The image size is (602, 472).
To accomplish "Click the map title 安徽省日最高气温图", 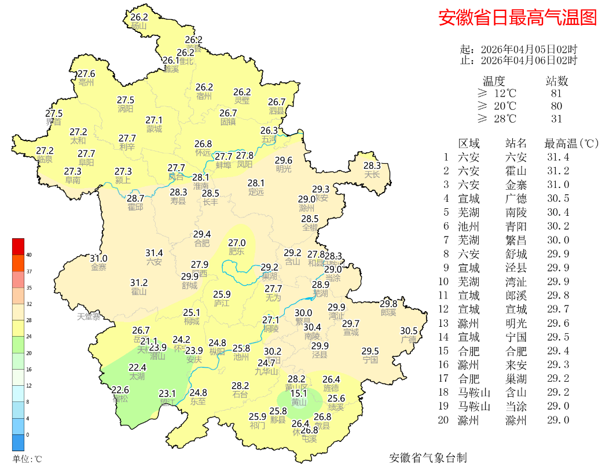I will pyautogui.click(x=517, y=17).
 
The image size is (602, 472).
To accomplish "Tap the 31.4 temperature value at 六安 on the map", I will pyautogui.click(x=154, y=253).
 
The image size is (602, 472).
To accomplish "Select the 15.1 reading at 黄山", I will pyautogui.click(x=299, y=393).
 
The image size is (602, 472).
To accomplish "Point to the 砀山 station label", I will pyautogui.click(x=140, y=25).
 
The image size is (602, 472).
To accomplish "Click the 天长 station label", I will pyautogui.click(x=372, y=174).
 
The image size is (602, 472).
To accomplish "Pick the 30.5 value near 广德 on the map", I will pyautogui.click(x=409, y=331).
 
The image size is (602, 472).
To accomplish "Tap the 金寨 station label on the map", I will pyautogui.click(x=98, y=267).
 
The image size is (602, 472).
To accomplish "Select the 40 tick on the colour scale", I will pyautogui.click(x=28, y=255).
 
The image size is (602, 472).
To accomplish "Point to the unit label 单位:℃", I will pyautogui.click(x=27, y=459).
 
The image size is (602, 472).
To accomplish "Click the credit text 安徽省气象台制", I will pyautogui.click(x=428, y=458).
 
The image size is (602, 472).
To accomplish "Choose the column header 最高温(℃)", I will pyautogui.click(x=571, y=143).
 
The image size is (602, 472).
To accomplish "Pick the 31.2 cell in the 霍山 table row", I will pyautogui.click(x=558, y=171).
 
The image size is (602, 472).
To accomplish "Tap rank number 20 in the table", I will pyautogui.click(x=443, y=421).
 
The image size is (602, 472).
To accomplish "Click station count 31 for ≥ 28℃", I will pyautogui.click(x=557, y=119).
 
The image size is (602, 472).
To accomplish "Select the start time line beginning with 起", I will pyautogui.click(x=518, y=50).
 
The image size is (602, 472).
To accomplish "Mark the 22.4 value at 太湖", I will pyautogui.click(x=137, y=367).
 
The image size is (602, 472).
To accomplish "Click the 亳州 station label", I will pyautogui.click(x=86, y=82).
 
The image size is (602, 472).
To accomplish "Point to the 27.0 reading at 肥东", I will pyautogui.click(x=237, y=243).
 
